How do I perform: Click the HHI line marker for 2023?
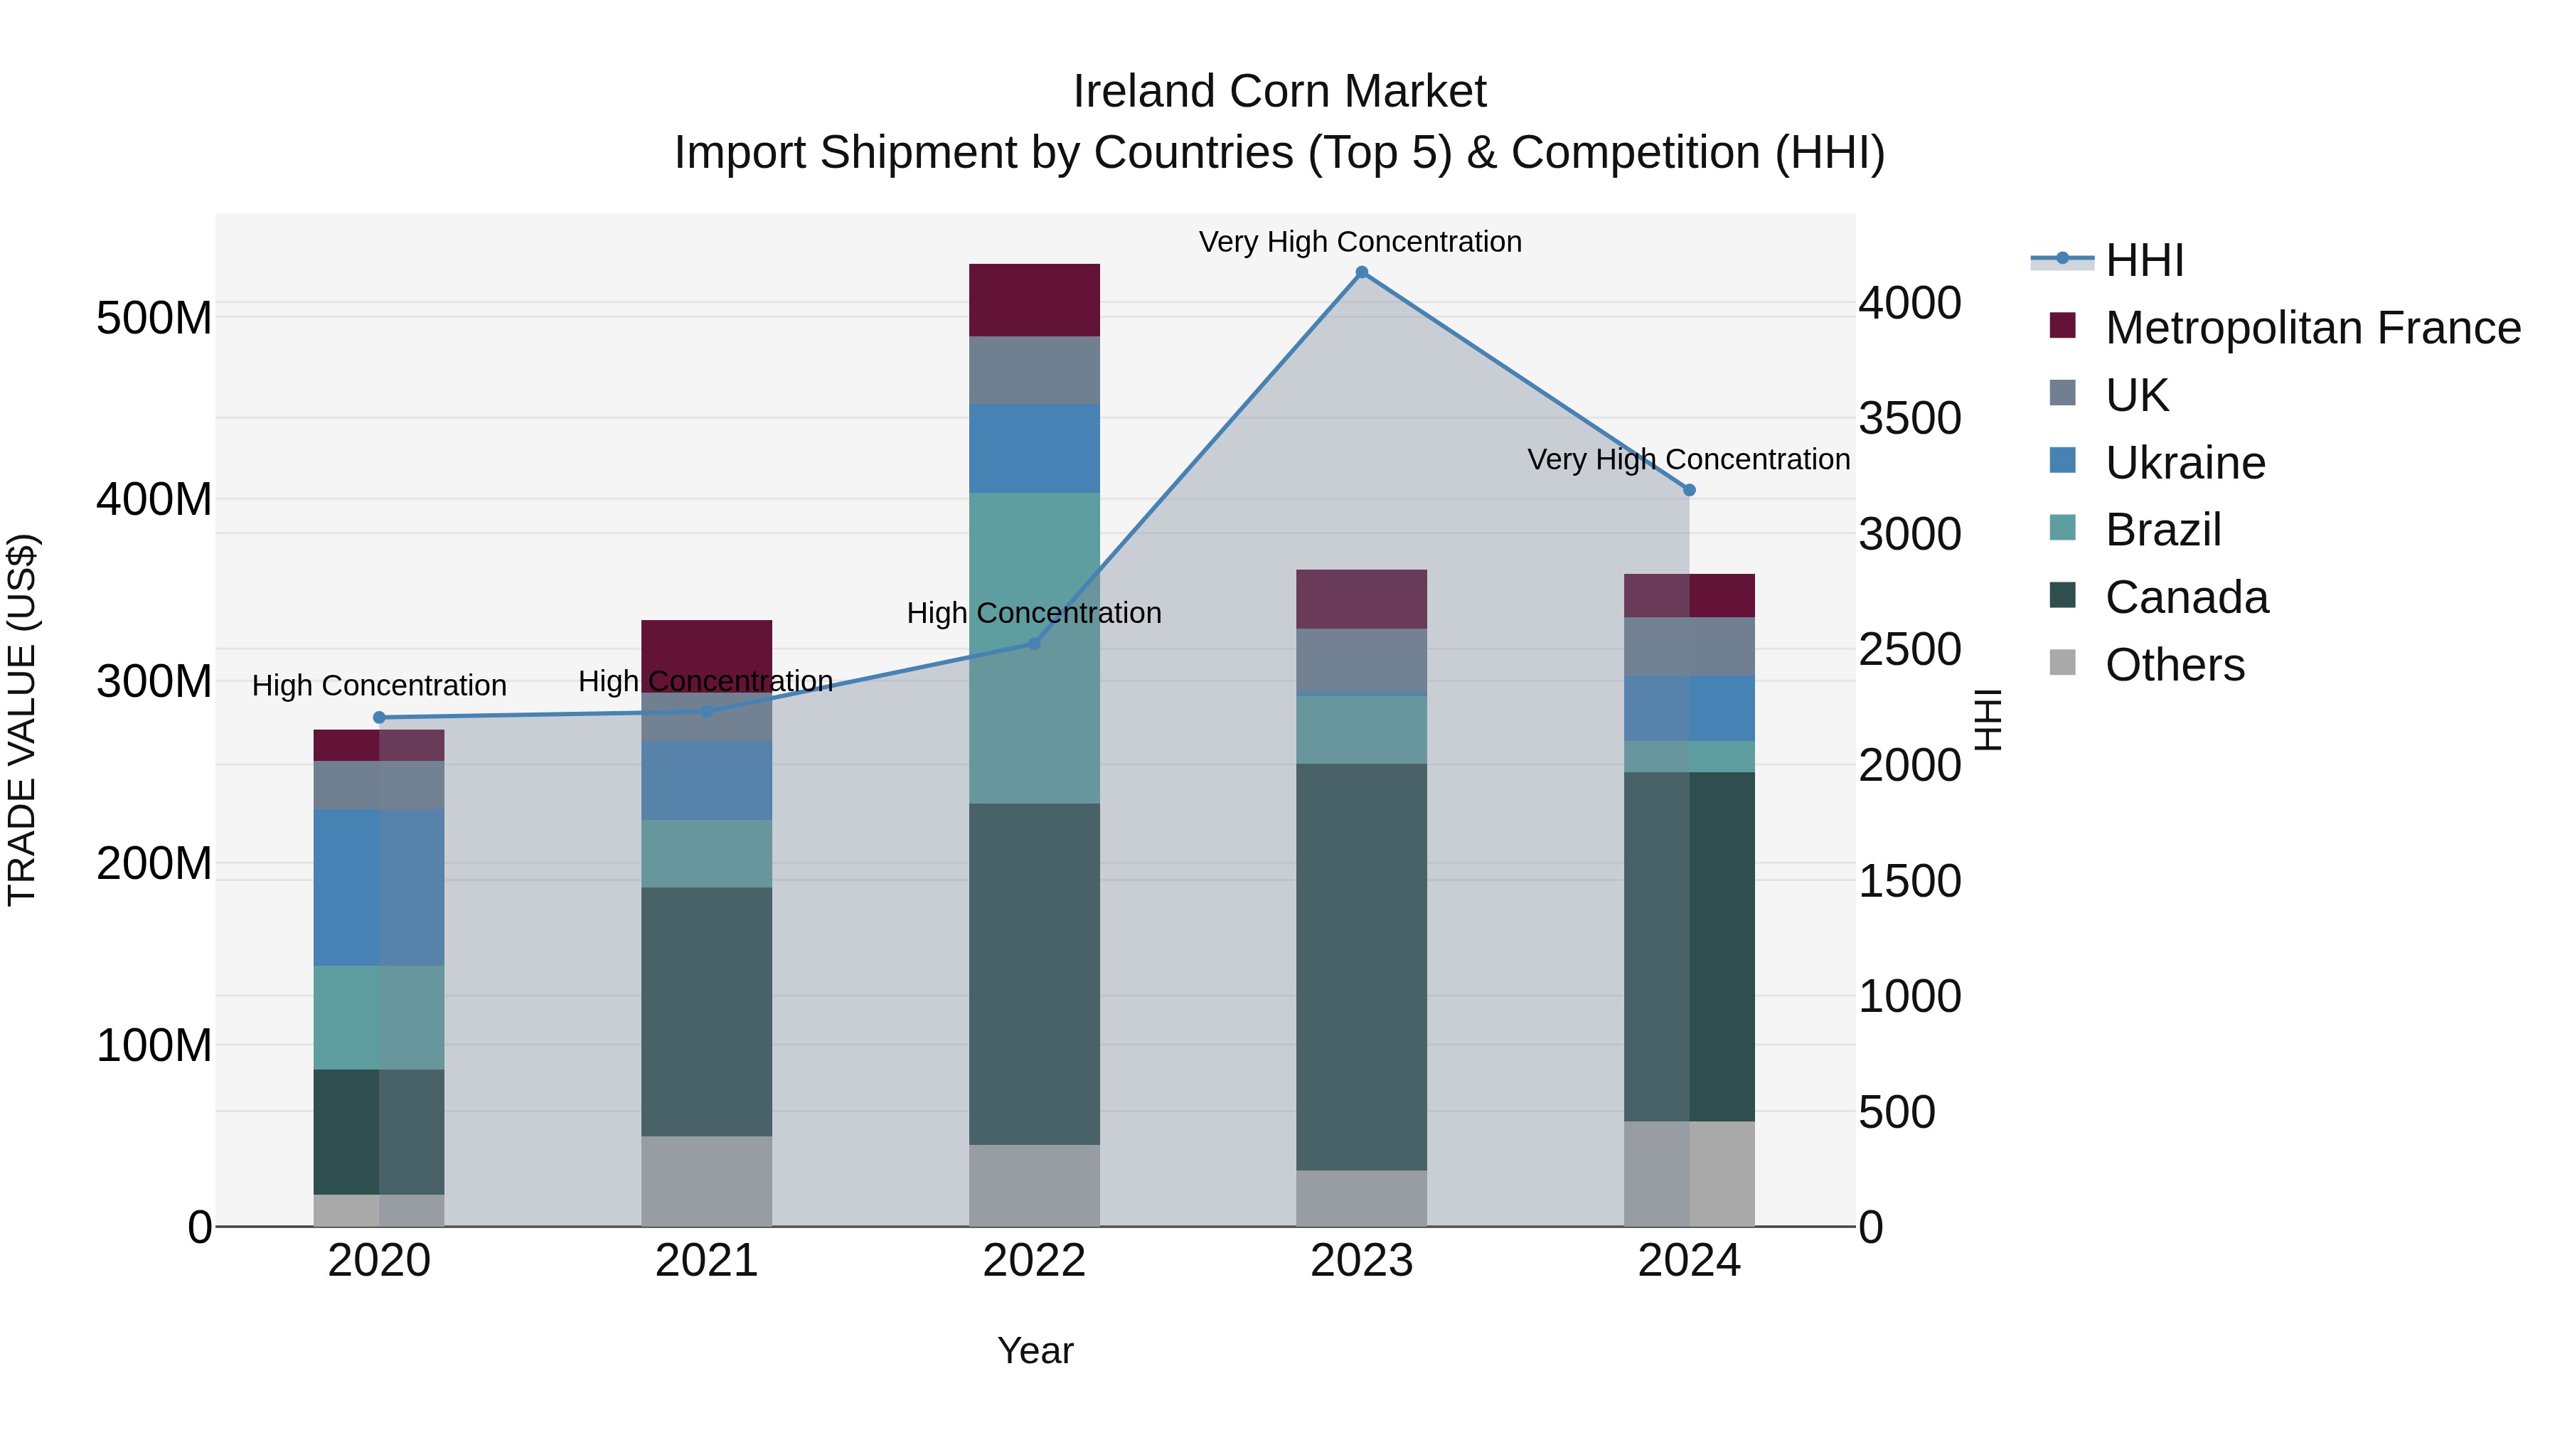pyautogui.click(x=1362, y=272)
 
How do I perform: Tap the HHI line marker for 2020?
pyautogui.click(x=378, y=718)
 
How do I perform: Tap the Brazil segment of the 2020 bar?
pyautogui.click(x=378, y=1018)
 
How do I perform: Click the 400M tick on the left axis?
pyautogui.click(x=154, y=499)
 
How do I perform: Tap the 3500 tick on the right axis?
pyautogui.click(x=1909, y=418)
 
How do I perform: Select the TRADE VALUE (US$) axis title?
pyautogui.click(x=22, y=720)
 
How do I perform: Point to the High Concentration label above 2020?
pyautogui.click(x=378, y=686)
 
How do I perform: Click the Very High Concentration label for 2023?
pyautogui.click(x=1360, y=242)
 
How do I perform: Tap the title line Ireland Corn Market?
pyautogui.click(x=1279, y=92)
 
